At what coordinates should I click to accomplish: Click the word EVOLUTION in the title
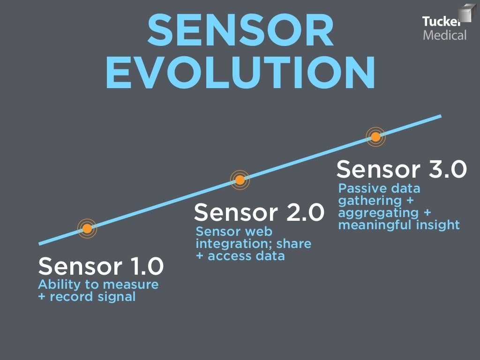tap(240, 73)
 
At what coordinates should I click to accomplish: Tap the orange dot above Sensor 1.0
tap(87, 229)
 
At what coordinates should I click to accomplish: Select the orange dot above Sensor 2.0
tap(240, 180)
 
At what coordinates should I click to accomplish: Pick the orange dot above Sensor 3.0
tap(375, 137)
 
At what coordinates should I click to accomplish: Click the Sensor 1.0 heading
tap(101, 266)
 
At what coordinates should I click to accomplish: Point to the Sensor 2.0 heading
tap(259, 212)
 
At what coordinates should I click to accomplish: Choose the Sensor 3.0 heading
tap(402, 169)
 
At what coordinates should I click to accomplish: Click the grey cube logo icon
tap(467, 13)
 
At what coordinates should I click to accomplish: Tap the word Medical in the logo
tap(445, 35)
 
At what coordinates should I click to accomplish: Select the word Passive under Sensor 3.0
tap(360, 188)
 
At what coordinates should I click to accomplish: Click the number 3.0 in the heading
tap(447, 169)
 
